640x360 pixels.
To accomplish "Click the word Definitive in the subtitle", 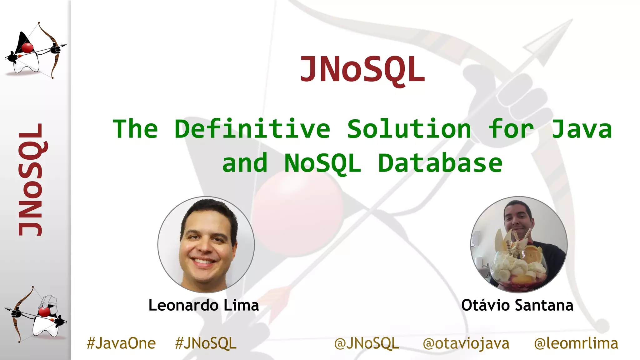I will point(252,129).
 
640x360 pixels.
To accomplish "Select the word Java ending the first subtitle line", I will point(581,129).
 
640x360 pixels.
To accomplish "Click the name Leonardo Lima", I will point(204,305).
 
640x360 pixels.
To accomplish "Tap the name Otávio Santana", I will point(517,305).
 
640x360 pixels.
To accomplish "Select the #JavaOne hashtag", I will point(121,343).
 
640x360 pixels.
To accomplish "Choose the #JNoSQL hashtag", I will point(206,343).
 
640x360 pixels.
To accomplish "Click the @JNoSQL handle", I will point(367,343).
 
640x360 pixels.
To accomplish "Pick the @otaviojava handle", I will point(466,343).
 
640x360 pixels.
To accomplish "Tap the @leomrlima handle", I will point(576,343).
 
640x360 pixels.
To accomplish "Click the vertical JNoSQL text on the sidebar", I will point(30,179).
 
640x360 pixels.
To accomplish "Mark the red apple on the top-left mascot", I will point(27,48).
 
